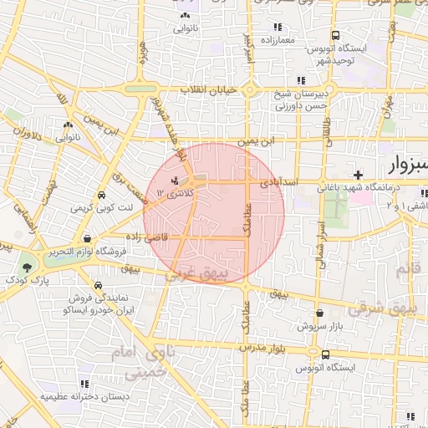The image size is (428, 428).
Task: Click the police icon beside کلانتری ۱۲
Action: tap(175, 181)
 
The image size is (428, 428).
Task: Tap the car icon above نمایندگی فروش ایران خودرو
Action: tap(100, 284)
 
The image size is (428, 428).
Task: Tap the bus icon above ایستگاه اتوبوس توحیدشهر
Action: tap(335, 37)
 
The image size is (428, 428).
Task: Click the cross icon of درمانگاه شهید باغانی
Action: tap(358, 175)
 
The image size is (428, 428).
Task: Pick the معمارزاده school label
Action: tap(279, 39)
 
